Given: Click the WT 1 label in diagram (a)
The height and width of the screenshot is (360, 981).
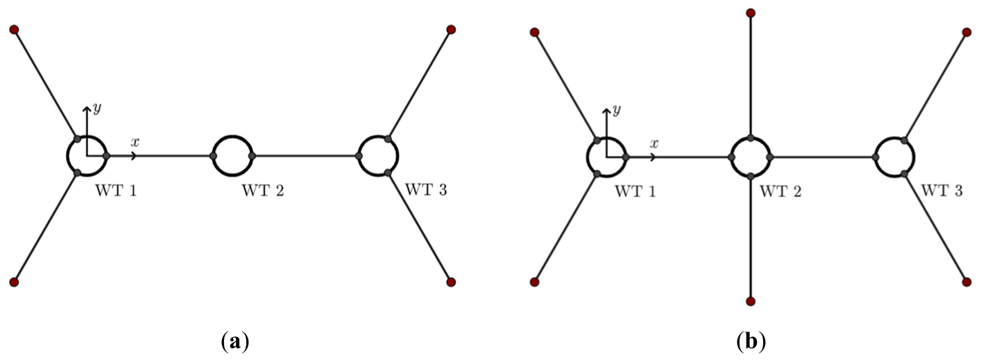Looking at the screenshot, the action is [116, 191].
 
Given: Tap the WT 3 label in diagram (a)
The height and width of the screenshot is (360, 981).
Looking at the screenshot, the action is [426, 190].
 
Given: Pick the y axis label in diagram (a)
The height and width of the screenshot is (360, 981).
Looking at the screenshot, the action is [97, 108].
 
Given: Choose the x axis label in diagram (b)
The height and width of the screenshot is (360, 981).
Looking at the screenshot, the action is [654, 143].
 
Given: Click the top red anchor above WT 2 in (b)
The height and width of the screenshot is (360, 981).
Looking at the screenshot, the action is [751, 12].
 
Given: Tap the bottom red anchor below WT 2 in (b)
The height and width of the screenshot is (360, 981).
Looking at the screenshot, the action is [751, 301].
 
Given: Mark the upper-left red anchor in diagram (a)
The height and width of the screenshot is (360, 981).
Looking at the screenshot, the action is [14, 29].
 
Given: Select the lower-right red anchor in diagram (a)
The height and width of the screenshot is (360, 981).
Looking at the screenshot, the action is [451, 282].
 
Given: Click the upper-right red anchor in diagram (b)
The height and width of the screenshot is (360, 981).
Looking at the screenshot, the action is [967, 32].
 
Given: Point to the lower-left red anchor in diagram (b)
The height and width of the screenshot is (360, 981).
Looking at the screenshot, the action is [534, 282].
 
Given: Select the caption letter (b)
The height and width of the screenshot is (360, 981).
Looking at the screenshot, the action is [751, 341].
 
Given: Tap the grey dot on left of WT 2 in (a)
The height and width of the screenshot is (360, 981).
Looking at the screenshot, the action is [213, 156].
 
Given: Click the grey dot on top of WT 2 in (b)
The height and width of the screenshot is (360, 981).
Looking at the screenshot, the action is [751, 138].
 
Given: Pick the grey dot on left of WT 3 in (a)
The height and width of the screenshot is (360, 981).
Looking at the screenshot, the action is [359, 156].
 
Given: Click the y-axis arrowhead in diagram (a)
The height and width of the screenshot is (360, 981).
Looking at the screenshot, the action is [87, 108].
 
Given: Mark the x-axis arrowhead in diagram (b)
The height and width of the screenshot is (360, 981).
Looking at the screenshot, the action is [654, 157].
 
